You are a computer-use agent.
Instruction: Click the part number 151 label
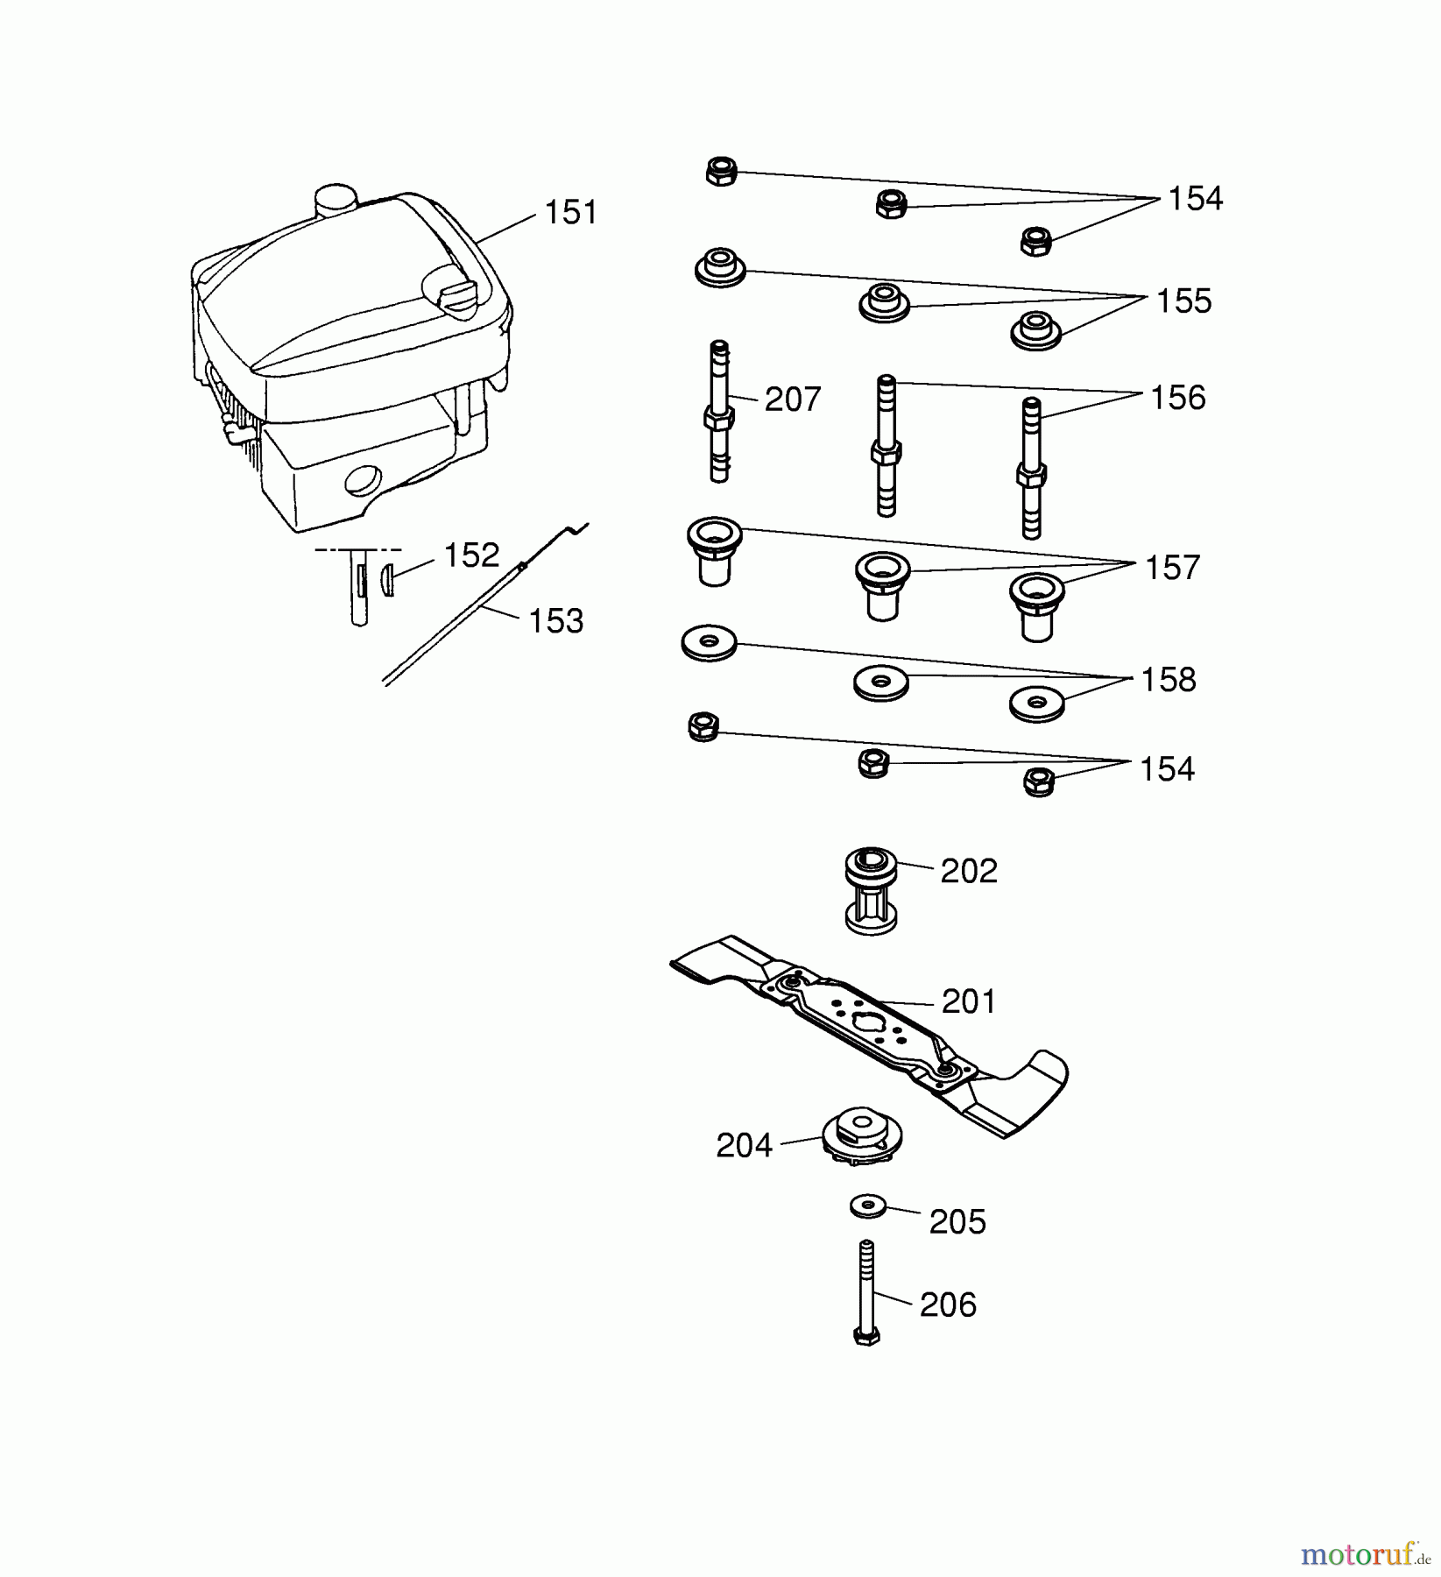tap(570, 213)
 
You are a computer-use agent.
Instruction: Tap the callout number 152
tap(470, 555)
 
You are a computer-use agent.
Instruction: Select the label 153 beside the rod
tap(555, 621)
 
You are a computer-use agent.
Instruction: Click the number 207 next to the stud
tap(792, 400)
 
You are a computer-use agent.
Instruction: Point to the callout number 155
tap(1183, 301)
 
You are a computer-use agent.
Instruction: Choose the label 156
tap(1177, 398)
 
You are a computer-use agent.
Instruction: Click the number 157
tap(1172, 568)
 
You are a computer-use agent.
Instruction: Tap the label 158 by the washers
tap(1168, 680)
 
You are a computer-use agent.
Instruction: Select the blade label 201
tap(969, 1001)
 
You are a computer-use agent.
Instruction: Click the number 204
tap(744, 1146)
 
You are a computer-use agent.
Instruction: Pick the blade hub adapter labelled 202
tap(871, 889)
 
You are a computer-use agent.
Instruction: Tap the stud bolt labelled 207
tap(719, 412)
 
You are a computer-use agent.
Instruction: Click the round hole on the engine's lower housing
tap(363, 480)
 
